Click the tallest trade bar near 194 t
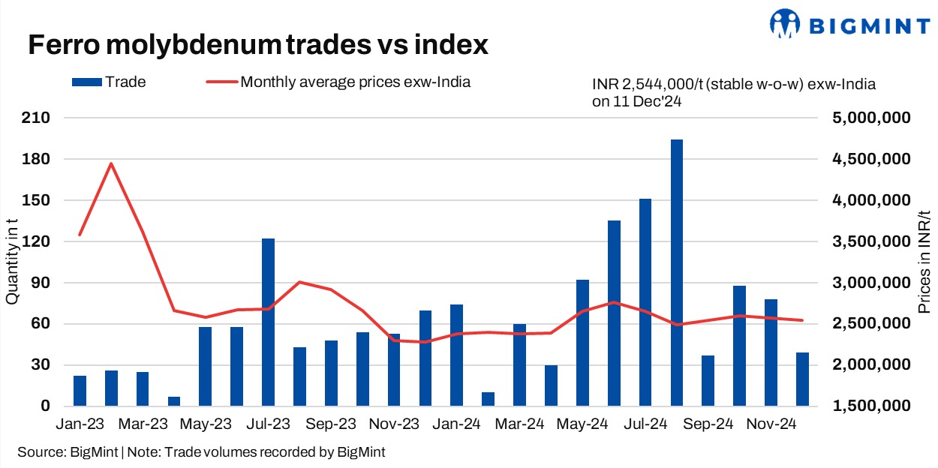point(677,273)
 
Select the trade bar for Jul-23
point(268,322)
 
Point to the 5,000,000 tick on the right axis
point(871,118)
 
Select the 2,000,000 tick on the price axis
point(871,365)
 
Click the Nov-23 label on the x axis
point(394,424)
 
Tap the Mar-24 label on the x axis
point(519,424)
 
